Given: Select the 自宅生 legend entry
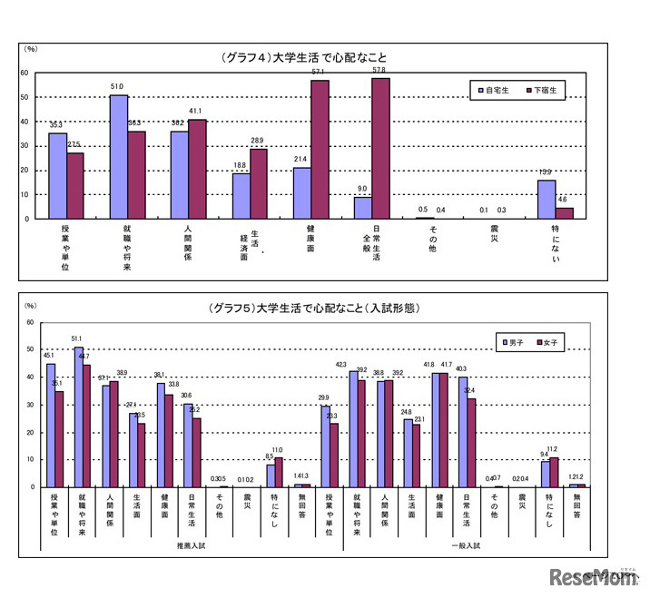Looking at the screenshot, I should click(x=495, y=90).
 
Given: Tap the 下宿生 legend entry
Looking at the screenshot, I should click(x=544, y=90).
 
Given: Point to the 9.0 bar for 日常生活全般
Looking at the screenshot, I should click(x=362, y=208).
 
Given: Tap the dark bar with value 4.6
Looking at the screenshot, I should click(x=564, y=213).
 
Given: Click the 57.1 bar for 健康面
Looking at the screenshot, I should click(x=320, y=149).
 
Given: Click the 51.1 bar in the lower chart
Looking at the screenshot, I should click(x=79, y=417).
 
